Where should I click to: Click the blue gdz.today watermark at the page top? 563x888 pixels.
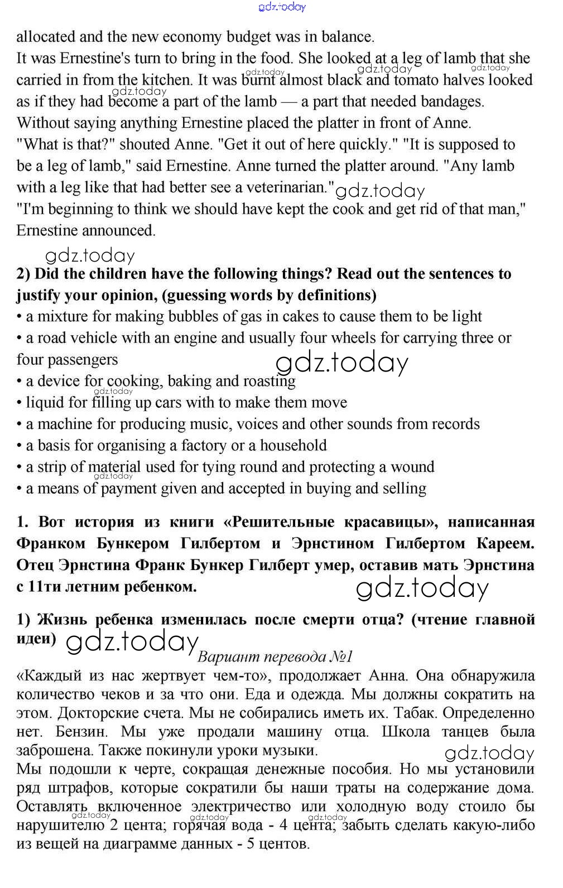click(x=282, y=7)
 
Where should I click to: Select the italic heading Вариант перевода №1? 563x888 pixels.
click(x=276, y=657)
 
